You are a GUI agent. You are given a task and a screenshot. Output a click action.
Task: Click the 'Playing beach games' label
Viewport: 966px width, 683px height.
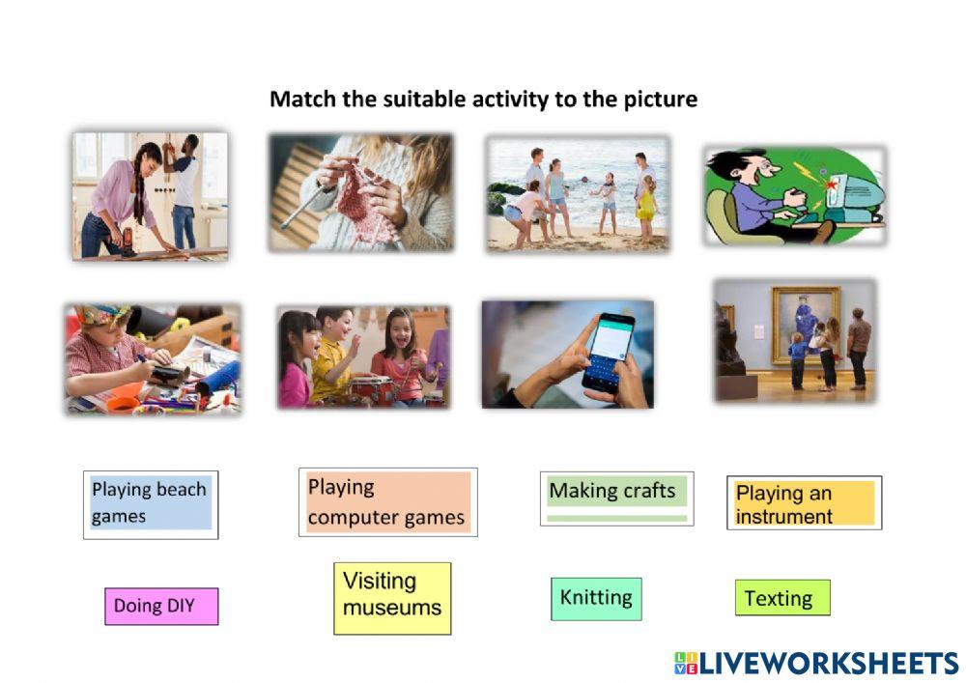(151, 504)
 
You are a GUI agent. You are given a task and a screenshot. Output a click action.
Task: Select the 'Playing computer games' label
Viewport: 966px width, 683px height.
(387, 502)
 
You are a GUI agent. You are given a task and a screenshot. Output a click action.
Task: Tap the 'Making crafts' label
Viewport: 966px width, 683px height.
(616, 498)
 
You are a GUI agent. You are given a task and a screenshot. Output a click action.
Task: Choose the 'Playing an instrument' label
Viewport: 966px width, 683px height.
(804, 502)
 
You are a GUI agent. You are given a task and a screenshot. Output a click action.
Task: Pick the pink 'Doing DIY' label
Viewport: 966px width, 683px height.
(161, 606)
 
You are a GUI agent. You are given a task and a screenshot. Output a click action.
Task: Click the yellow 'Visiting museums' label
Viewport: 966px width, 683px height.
(392, 598)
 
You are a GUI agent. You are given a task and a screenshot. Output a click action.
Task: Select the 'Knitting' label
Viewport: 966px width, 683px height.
(596, 599)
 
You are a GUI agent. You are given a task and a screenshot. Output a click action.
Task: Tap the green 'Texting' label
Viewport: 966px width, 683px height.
(782, 597)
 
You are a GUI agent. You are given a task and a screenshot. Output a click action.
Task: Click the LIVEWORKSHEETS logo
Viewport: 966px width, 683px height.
(817, 664)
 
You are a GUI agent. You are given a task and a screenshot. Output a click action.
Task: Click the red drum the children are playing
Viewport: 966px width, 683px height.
(372, 390)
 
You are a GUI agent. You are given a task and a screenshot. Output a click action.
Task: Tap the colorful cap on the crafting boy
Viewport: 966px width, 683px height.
(103, 316)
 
